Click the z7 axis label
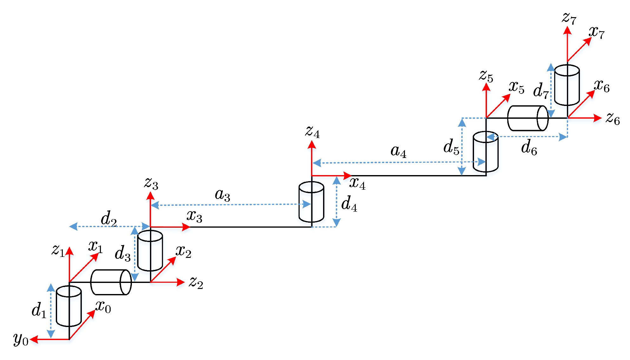[x=569, y=18]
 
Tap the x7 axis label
[x=597, y=32]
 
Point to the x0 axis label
[x=103, y=306]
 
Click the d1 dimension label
[x=39, y=310]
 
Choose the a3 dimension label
[x=222, y=194]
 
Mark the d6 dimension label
[x=529, y=147]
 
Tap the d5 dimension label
[x=451, y=147]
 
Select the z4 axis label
[x=313, y=131]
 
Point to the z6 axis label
[x=613, y=118]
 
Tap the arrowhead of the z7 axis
[x=567, y=30]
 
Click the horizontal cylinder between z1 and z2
[x=111, y=282]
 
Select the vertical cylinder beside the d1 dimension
[x=69, y=306]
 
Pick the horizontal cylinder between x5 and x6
[x=528, y=118]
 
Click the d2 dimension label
[x=109, y=218]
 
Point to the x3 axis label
[x=194, y=216]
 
